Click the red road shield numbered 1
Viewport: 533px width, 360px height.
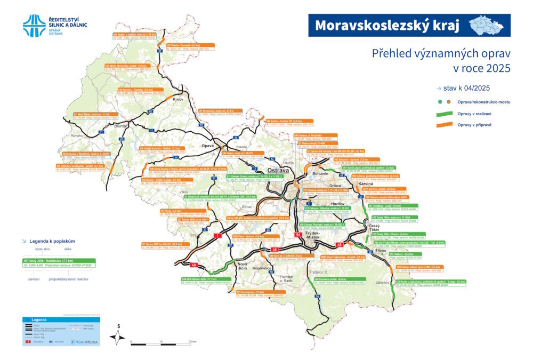217,235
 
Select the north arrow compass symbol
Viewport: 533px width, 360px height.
118,335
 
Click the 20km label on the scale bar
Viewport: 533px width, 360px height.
192,342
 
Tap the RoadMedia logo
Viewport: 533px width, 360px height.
87,342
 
